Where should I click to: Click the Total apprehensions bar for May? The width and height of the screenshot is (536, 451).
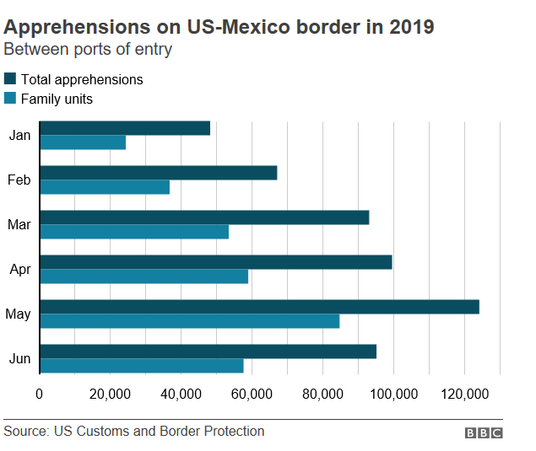point(259,307)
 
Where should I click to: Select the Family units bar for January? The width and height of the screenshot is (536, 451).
point(83,142)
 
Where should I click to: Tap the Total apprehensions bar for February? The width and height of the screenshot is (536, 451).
point(159,173)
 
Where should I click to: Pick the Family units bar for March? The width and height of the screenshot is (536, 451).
point(134,232)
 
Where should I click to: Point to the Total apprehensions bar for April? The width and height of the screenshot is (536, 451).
point(216,262)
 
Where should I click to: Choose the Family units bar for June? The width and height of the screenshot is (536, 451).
point(142,366)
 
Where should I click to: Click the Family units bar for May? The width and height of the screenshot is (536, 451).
point(190,321)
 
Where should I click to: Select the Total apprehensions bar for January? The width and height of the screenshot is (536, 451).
point(125,128)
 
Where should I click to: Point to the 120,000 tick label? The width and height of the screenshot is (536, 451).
point(465,394)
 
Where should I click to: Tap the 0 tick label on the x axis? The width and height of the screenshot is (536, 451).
point(40,394)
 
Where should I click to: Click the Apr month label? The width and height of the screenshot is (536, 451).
point(19,270)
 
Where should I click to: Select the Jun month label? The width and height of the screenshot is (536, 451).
point(19,359)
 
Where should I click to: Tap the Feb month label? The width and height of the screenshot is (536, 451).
point(19,180)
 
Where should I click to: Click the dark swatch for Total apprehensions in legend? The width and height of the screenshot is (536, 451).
point(10,79)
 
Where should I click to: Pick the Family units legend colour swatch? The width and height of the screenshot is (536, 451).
point(10,99)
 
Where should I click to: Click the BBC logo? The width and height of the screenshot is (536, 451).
point(484,432)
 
